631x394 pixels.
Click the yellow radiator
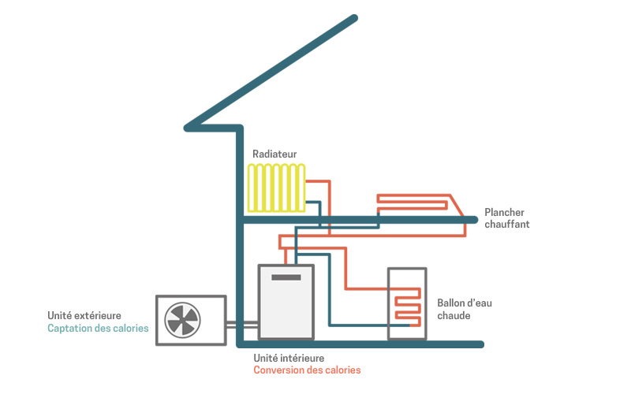point(275,188)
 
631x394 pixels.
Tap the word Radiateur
point(274,154)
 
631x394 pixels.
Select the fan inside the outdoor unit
point(183,319)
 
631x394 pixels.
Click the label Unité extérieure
point(84,315)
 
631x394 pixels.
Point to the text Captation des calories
point(98,328)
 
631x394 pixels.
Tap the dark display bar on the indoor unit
point(286,277)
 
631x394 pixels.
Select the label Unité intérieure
point(289,358)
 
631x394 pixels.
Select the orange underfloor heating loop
point(414,203)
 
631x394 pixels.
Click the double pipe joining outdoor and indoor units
point(242,324)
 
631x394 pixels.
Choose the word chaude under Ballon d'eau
point(454,315)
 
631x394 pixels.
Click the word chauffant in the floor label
point(506,225)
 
